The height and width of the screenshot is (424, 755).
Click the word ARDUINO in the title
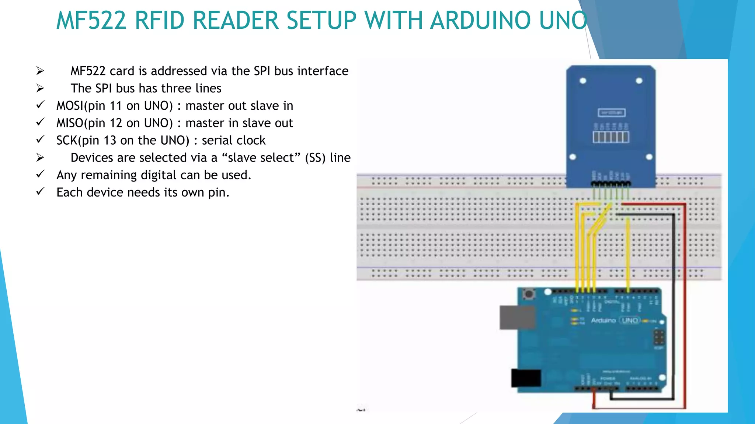481,20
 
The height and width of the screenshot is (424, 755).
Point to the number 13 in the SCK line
110,140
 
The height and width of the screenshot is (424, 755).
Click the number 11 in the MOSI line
116,106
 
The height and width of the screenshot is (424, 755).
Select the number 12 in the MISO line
116,123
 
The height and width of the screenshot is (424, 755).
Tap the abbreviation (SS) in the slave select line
315,158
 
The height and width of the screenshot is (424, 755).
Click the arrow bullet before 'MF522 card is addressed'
40,71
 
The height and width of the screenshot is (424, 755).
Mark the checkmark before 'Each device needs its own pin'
40,191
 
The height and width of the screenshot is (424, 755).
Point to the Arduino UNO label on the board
615,320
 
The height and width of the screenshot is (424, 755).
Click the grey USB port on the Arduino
517,317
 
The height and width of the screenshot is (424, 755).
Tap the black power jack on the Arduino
526,378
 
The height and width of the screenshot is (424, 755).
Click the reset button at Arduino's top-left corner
529,294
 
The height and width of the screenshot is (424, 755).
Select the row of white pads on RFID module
611,137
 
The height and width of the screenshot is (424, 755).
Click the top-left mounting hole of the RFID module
583,81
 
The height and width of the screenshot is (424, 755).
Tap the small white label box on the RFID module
611,113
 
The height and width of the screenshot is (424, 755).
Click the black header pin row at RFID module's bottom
611,183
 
